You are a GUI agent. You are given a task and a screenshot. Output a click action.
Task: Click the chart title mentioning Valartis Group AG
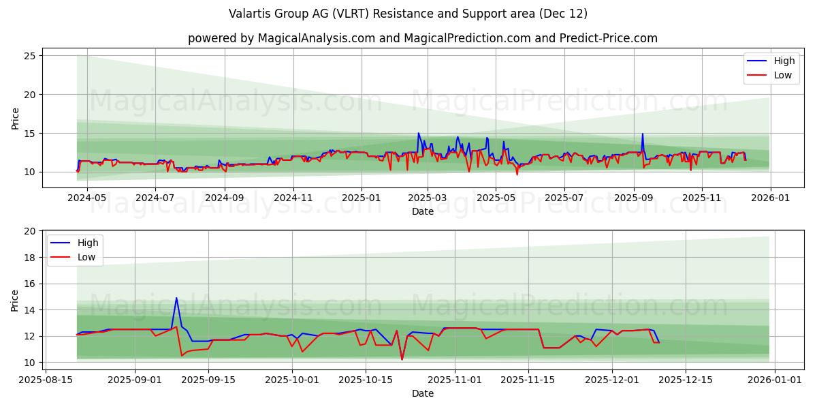click(408, 14)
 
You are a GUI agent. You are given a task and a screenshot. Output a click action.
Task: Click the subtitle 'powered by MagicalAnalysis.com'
click(422, 38)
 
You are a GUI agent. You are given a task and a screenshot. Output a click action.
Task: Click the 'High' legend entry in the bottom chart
click(88, 243)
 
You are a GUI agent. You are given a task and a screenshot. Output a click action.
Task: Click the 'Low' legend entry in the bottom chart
click(86, 257)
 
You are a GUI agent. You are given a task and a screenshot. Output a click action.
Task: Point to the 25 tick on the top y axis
click(30, 56)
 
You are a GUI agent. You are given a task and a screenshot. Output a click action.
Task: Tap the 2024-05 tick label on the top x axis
click(87, 198)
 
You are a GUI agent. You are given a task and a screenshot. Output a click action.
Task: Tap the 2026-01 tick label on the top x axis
click(770, 198)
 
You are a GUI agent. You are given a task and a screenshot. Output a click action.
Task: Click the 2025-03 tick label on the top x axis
click(427, 198)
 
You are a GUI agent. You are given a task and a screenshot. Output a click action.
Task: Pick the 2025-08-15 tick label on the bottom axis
click(46, 379)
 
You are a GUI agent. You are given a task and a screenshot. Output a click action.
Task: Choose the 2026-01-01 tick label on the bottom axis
click(769, 379)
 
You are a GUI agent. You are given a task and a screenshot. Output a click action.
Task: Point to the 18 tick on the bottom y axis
click(30, 258)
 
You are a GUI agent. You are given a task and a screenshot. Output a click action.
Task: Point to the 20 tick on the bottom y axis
click(30, 232)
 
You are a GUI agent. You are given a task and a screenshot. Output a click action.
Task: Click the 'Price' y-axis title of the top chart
click(15, 118)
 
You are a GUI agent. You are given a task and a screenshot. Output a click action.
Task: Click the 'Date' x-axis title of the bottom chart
click(422, 393)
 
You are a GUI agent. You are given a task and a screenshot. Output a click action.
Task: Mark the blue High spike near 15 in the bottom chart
click(176, 298)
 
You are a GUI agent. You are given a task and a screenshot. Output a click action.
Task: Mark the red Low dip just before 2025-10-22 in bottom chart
click(402, 359)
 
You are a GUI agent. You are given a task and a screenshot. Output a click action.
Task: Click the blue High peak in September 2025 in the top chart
click(642, 134)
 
